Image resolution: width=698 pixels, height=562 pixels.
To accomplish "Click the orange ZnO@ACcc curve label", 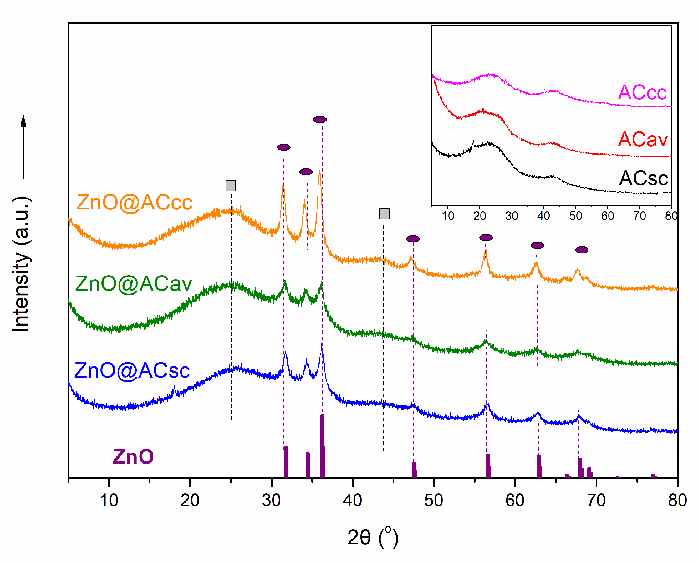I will (134, 203).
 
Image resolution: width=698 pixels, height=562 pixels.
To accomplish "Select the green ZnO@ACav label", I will (133, 284).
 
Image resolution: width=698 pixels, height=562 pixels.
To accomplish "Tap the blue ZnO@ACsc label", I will (132, 371).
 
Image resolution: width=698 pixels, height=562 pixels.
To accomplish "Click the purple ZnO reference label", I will (133, 457).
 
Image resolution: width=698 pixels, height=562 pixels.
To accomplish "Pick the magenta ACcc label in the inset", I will (642, 92).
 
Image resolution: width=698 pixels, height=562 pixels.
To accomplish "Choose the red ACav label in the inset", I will (643, 140).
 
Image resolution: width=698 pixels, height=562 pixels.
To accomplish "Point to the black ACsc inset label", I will (643, 178).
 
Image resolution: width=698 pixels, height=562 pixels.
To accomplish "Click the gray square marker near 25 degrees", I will (231, 186).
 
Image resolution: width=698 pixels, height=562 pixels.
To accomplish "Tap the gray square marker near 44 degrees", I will (384, 214).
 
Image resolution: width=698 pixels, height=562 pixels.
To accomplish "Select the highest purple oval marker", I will (319, 120).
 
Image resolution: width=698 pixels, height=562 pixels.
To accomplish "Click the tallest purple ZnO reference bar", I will (323, 446).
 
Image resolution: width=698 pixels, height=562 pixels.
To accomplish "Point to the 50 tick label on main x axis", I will (434, 500).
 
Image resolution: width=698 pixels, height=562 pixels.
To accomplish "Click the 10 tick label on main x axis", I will (109, 500).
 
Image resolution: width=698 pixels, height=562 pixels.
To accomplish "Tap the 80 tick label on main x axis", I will (677, 500).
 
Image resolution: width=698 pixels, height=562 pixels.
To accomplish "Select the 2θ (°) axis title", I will (372, 538).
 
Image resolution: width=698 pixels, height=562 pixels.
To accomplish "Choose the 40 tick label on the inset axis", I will (543, 216).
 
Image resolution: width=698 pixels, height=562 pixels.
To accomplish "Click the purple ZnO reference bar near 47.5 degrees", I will (414, 469).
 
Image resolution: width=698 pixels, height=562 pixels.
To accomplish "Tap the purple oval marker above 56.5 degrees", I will (486, 238).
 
